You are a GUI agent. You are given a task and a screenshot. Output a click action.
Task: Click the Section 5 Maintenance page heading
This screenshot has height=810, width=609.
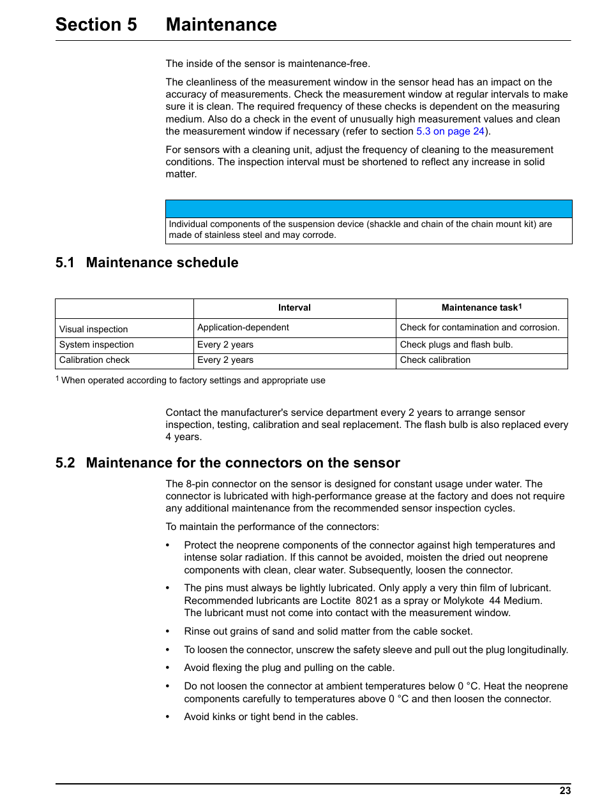pyautogui.click(x=166, y=24)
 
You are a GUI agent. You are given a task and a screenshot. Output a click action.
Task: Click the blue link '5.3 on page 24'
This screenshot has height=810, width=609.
pyautogui.click(x=450, y=131)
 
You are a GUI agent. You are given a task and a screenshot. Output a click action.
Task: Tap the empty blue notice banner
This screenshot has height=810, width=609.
pyautogui.click(x=368, y=209)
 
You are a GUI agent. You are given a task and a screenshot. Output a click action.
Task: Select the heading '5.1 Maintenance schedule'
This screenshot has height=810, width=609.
pyautogui.click(x=147, y=263)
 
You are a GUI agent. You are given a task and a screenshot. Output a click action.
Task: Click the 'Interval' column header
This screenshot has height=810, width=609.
pyautogui.click(x=294, y=308)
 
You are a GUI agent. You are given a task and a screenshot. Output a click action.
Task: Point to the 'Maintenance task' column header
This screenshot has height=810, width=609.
pyautogui.click(x=481, y=308)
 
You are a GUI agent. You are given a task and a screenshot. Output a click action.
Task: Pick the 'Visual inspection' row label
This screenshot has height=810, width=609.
pyautogui.click(x=94, y=329)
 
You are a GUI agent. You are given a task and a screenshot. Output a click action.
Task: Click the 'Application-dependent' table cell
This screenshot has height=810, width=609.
pyautogui.click(x=243, y=328)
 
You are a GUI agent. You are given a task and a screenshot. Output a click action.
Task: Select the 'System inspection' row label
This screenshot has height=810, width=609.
pyautogui.click(x=96, y=345)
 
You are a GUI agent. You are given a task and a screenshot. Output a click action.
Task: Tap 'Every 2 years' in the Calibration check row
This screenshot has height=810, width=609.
pyautogui.click(x=225, y=360)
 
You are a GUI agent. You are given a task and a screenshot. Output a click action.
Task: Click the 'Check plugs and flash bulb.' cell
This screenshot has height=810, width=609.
pyautogui.click(x=456, y=345)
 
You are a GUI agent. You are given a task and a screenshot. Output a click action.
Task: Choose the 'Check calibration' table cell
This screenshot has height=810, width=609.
pyautogui.click(x=435, y=360)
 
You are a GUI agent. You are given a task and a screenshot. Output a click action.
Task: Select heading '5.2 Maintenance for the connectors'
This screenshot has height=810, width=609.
pyautogui.click(x=228, y=463)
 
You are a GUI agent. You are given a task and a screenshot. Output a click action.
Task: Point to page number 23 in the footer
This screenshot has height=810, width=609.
pyautogui.click(x=565, y=791)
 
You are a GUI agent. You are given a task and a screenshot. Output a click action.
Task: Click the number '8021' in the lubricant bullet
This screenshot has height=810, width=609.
pyautogui.click(x=366, y=601)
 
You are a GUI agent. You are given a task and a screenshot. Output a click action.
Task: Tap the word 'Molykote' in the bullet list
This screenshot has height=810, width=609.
pyautogui.click(x=463, y=601)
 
